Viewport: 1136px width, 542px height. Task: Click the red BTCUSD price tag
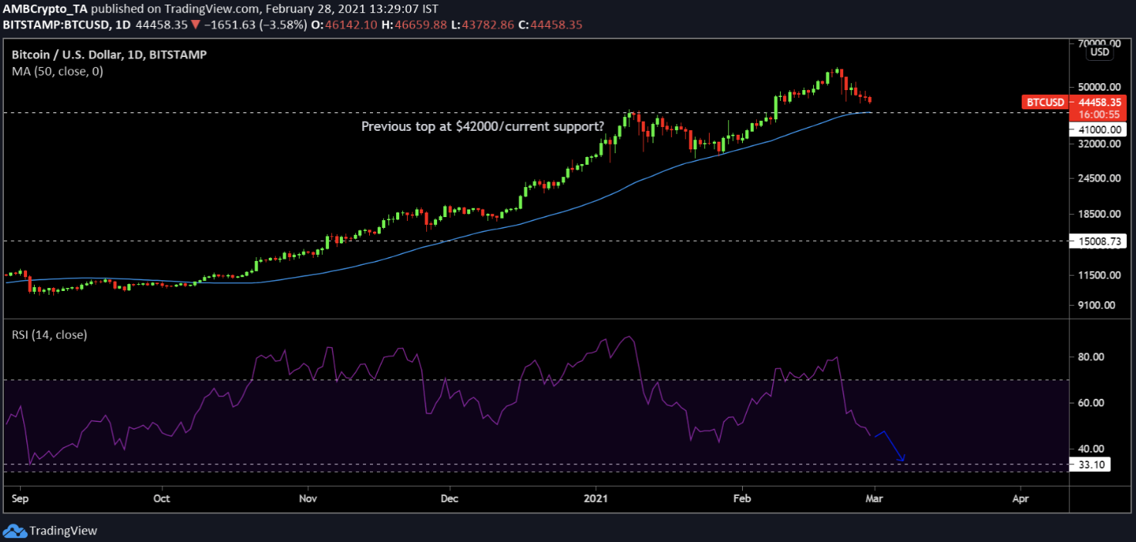(x=1044, y=102)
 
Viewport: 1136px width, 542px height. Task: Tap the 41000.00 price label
(x=1099, y=130)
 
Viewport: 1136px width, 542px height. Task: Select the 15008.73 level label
(x=1099, y=242)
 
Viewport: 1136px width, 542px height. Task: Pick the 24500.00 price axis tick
(x=1097, y=178)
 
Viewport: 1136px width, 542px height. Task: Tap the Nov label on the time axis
(x=308, y=498)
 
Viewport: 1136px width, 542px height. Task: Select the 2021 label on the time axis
(x=596, y=498)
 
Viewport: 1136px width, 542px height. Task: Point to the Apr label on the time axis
(x=1020, y=498)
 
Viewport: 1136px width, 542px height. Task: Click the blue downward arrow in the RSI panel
(x=893, y=447)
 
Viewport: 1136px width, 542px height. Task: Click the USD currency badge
(x=1099, y=52)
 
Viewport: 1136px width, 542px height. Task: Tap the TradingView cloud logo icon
(x=15, y=530)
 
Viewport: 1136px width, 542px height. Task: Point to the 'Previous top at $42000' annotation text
(x=482, y=125)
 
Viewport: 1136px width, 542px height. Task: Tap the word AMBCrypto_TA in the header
(x=43, y=9)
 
